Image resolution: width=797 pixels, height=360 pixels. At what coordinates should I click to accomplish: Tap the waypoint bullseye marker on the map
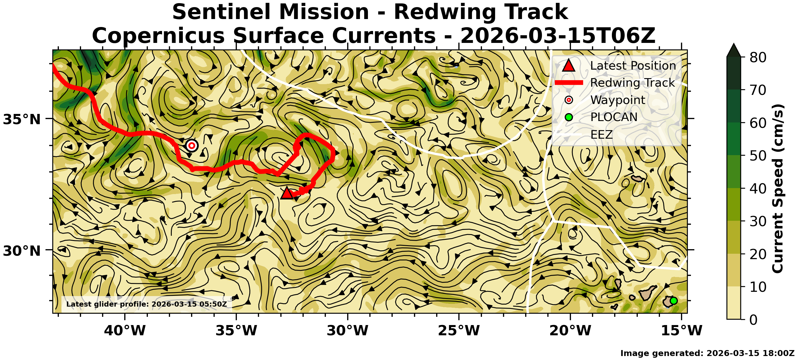(192, 145)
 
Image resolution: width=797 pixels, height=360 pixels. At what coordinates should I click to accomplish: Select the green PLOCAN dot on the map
(673, 301)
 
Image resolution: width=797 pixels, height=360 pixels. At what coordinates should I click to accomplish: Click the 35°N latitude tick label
(22, 119)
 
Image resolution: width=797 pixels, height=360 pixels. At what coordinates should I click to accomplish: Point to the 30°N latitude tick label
(22, 251)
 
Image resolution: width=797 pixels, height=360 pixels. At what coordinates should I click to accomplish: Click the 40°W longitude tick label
(125, 330)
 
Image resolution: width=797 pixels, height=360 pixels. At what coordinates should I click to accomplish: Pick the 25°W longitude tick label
(459, 330)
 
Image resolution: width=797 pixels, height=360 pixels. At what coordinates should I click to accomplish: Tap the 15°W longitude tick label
(682, 330)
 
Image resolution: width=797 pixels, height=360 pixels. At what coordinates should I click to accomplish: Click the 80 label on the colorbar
(758, 57)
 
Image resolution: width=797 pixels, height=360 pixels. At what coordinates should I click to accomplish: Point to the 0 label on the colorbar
(753, 319)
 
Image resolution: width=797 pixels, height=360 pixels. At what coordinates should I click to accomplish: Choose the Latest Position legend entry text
(633, 66)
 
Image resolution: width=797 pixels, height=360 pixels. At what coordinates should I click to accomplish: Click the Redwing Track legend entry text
(632, 83)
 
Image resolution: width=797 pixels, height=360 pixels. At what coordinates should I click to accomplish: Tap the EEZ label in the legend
(601, 134)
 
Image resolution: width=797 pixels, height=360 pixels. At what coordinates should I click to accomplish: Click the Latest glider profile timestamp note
(147, 304)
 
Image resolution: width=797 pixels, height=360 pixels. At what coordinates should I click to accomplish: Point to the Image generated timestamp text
(708, 353)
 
